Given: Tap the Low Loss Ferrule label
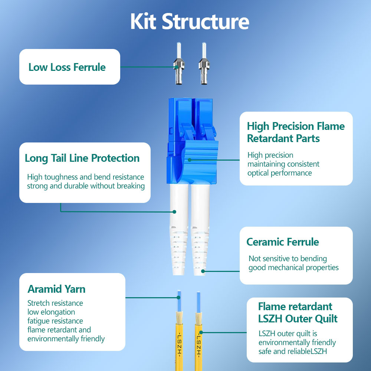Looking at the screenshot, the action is point(67,67).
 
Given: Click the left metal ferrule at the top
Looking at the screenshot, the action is point(179,63).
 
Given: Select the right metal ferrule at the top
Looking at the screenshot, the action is point(204,63).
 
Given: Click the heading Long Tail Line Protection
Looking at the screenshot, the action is point(82,158).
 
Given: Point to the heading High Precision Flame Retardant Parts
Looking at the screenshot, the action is point(296,132).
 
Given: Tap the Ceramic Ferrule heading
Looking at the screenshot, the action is point(283,242).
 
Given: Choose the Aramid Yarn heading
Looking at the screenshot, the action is point(56,289).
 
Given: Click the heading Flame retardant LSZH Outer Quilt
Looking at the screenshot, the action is point(298,312).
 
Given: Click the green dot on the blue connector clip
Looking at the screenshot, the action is point(190,160).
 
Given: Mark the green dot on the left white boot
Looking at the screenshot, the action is point(174,212).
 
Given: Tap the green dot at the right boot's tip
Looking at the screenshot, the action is point(203,271).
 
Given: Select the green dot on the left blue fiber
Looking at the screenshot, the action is point(179,298).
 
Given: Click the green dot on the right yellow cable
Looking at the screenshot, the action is point(201,332).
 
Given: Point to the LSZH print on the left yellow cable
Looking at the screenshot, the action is point(179,345).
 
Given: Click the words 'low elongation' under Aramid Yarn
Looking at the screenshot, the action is point(51,312).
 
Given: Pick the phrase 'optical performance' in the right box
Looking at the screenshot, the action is point(280,173).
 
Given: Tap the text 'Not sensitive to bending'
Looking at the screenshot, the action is point(288,259).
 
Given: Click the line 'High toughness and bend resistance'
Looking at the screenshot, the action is point(85,177).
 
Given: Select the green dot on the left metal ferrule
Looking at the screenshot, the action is point(177,67).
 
